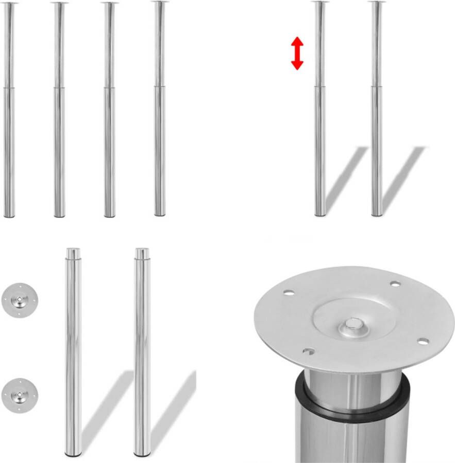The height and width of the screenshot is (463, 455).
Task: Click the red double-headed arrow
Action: tap(297, 53)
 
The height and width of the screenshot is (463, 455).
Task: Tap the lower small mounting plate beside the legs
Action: tap(20, 394)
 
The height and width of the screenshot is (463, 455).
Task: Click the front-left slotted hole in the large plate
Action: tap(308, 352)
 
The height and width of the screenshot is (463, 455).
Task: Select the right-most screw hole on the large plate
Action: tap(423, 341)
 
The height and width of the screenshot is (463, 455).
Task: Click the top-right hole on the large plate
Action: tap(395, 283)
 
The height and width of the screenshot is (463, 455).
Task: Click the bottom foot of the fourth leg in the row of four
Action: tap(160, 214)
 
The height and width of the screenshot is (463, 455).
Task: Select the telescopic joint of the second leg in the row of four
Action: tap(59, 88)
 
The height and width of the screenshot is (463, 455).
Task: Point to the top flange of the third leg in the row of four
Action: tap(109, 3)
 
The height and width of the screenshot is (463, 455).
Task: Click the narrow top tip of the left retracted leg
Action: tap(73, 253)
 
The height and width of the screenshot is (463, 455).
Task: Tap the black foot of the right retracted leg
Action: tap(142, 454)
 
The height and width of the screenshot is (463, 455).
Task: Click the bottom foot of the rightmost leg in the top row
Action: tap(377, 214)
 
